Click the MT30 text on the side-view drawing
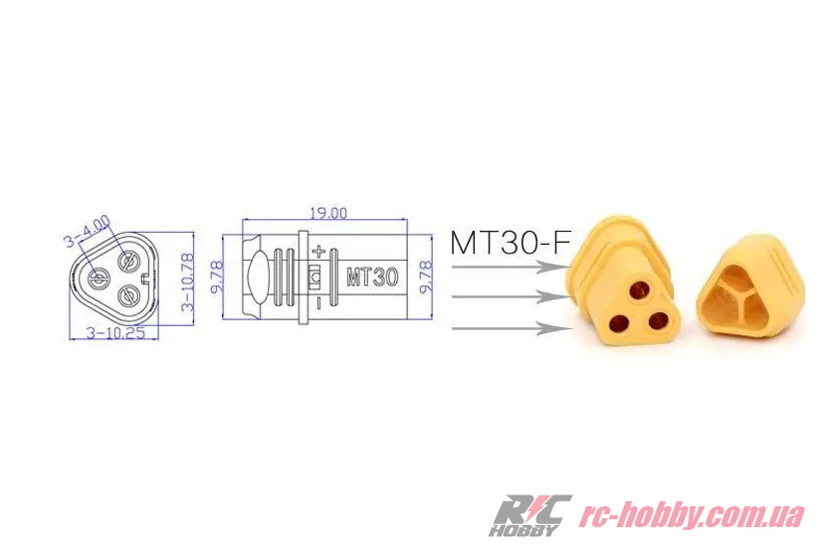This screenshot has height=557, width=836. [372, 277]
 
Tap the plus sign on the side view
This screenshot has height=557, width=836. [317, 253]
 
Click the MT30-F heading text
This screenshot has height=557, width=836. [511, 243]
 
